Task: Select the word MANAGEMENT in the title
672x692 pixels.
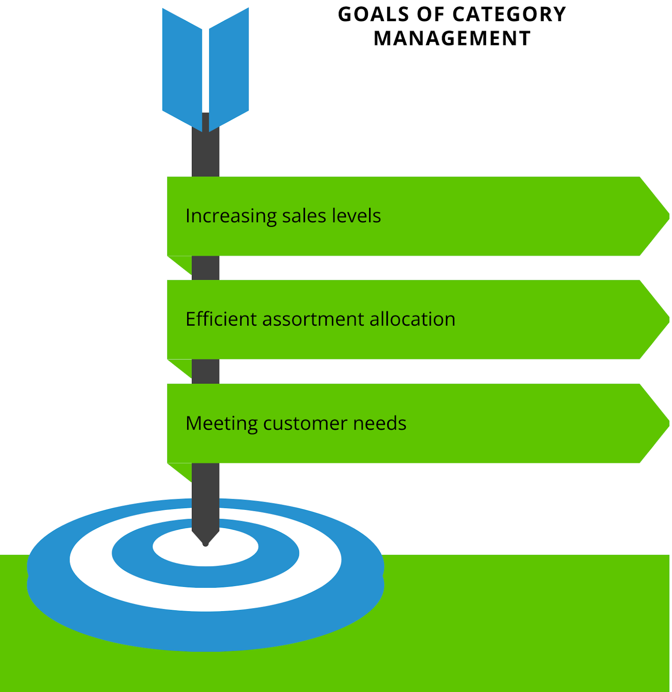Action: (452, 39)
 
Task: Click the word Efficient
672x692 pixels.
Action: (220, 319)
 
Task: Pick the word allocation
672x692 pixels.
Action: (412, 319)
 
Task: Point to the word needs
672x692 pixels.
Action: (380, 423)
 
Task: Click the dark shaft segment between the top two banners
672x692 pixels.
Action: (205, 268)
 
